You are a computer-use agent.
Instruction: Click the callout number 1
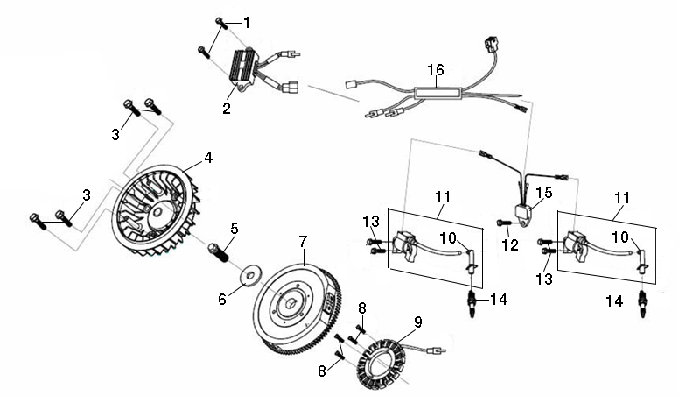tap(246, 21)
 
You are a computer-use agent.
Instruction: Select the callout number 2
tap(227, 109)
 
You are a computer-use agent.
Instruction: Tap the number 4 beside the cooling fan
tap(208, 158)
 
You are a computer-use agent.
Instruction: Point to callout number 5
tap(234, 229)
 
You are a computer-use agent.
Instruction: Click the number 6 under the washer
tap(222, 299)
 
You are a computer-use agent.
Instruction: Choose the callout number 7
tap(303, 239)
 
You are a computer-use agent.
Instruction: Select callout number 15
tap(543, 192)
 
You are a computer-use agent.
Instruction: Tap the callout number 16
tap(435, 69)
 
